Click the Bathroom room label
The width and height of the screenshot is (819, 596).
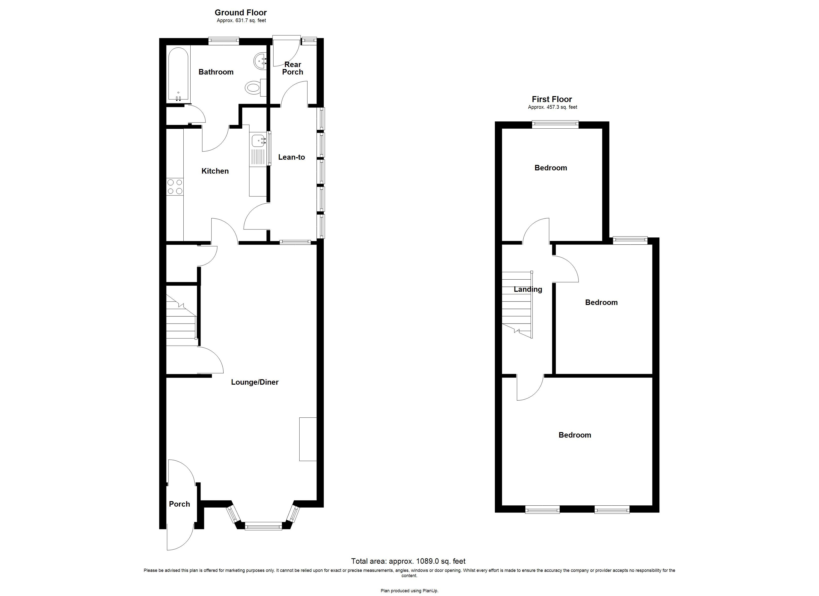pos(216,72)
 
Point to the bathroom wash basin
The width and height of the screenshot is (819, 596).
pos(260,61)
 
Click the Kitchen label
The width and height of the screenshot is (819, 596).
pos(215,171)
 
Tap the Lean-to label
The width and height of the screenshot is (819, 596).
pos(291,157)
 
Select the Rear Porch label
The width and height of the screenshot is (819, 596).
pos(293,68)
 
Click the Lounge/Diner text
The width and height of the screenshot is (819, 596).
pos(255,382)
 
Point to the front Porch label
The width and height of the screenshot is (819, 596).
pos(179,504)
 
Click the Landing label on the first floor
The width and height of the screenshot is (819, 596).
pos(528,289)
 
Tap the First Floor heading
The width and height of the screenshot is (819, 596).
pos(552,99)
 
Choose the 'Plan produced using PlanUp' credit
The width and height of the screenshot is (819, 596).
pos(409,591)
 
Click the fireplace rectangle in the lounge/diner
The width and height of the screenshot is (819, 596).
pos(308,439)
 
